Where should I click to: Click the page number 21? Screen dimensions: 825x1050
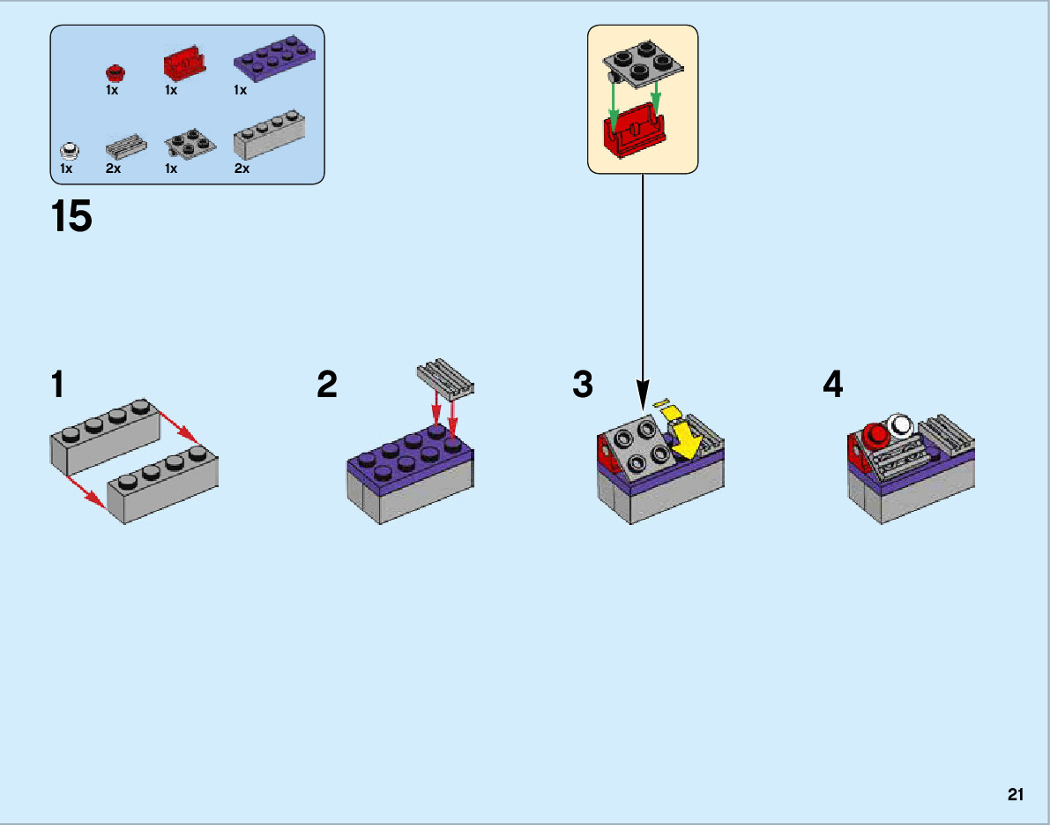coord(1016,795)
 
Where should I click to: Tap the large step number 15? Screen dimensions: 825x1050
coord(72,217)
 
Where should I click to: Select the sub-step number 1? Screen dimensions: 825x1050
coord(58,386)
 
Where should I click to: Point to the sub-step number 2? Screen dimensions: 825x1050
coord(327,386)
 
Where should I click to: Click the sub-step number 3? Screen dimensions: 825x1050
coord(583,386)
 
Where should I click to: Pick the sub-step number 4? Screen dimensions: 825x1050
coord(832,386)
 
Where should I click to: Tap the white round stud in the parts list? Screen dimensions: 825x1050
coord(68,149)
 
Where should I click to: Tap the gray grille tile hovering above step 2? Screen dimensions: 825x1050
coord(443,378)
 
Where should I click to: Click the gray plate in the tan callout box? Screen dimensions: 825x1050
coord(643,65)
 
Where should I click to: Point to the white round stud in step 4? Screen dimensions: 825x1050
coord(901,426)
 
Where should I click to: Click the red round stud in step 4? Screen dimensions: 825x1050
coord(876,434)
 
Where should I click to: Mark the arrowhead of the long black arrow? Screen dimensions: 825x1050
coord(643,398)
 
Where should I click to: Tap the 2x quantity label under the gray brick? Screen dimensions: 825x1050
coord(242,169)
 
